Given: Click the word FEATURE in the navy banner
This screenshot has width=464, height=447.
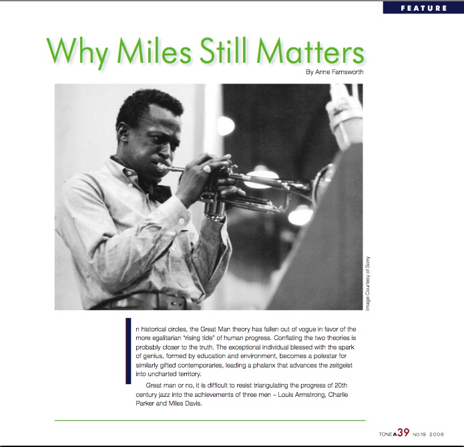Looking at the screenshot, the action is click(424, 8).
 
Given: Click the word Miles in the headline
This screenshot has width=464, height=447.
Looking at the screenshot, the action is click(154, 51).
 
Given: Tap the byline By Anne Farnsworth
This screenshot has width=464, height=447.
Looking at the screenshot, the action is click(334, 72).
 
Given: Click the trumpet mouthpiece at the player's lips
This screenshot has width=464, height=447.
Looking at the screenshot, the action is click(162, 167).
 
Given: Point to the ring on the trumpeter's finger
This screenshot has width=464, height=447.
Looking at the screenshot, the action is click(207, 169).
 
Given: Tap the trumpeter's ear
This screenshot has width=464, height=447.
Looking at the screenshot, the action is click(122, 132).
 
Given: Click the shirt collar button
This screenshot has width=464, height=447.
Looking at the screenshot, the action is click(129, 172).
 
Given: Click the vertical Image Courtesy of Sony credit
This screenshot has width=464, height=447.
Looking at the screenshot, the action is click(368, 283).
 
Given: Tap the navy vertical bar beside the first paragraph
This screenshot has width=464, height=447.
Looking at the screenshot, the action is click(128, 351).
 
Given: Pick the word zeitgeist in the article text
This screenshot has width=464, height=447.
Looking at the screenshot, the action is click(340, 365).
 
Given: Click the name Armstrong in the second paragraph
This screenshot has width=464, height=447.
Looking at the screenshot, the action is click(310, 395).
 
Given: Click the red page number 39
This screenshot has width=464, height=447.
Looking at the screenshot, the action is click(403, 432).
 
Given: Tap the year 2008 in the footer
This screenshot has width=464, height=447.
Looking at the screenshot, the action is click(437, 434).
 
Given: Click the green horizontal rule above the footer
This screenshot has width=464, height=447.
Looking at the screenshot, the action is click(210, 420).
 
